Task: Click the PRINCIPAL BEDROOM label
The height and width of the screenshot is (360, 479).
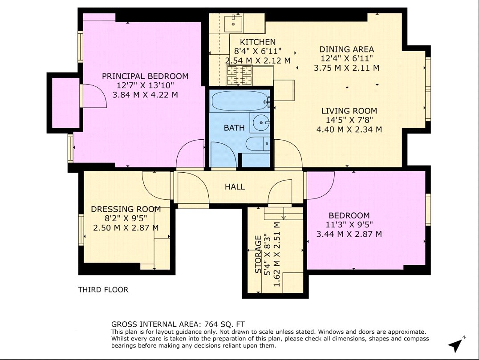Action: click(145, 76)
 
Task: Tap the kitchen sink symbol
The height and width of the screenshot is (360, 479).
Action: click(232, 21)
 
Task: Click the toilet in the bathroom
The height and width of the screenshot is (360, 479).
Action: click(258, 143)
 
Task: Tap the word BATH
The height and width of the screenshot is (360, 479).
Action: click(234, 128)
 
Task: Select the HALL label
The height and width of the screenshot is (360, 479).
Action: click(235, 187)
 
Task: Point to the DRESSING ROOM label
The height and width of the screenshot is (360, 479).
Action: click(126, 209)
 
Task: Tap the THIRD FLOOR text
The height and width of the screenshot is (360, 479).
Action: click(103, 290)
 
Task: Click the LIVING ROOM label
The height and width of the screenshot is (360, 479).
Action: click(349, 111)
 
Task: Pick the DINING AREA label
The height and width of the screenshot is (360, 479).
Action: click(346, 49)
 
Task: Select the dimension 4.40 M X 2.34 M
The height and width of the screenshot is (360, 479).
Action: click(349, 129)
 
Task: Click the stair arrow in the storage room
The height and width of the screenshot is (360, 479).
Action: click(284, 217)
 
